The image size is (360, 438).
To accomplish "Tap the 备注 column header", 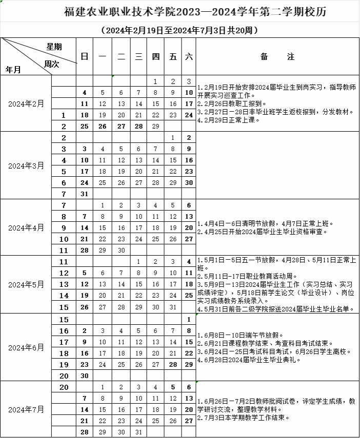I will pos(277,57).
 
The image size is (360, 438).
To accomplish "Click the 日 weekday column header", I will pos(85,57).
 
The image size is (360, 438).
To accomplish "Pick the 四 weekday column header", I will pos(155,57).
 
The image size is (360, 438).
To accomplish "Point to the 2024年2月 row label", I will pos(26,103).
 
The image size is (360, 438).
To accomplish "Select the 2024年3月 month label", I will pos(26,165).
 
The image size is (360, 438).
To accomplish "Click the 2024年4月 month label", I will pos(26,227).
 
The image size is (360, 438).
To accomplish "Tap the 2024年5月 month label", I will pos(26,284).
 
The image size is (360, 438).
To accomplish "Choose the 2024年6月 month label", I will pos(26,347).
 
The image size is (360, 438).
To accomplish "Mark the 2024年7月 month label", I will pos(26,409).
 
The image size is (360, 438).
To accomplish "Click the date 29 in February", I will pos(155,126).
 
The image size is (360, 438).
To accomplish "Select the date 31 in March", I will pos(85,194).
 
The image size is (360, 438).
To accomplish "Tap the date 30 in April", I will pos(121,250).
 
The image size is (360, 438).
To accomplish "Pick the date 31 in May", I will pos(173,307).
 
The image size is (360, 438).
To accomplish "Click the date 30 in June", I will pos(85,375).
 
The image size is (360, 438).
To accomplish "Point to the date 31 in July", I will pos(138,432).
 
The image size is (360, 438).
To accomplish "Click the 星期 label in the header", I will pos(54,47).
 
